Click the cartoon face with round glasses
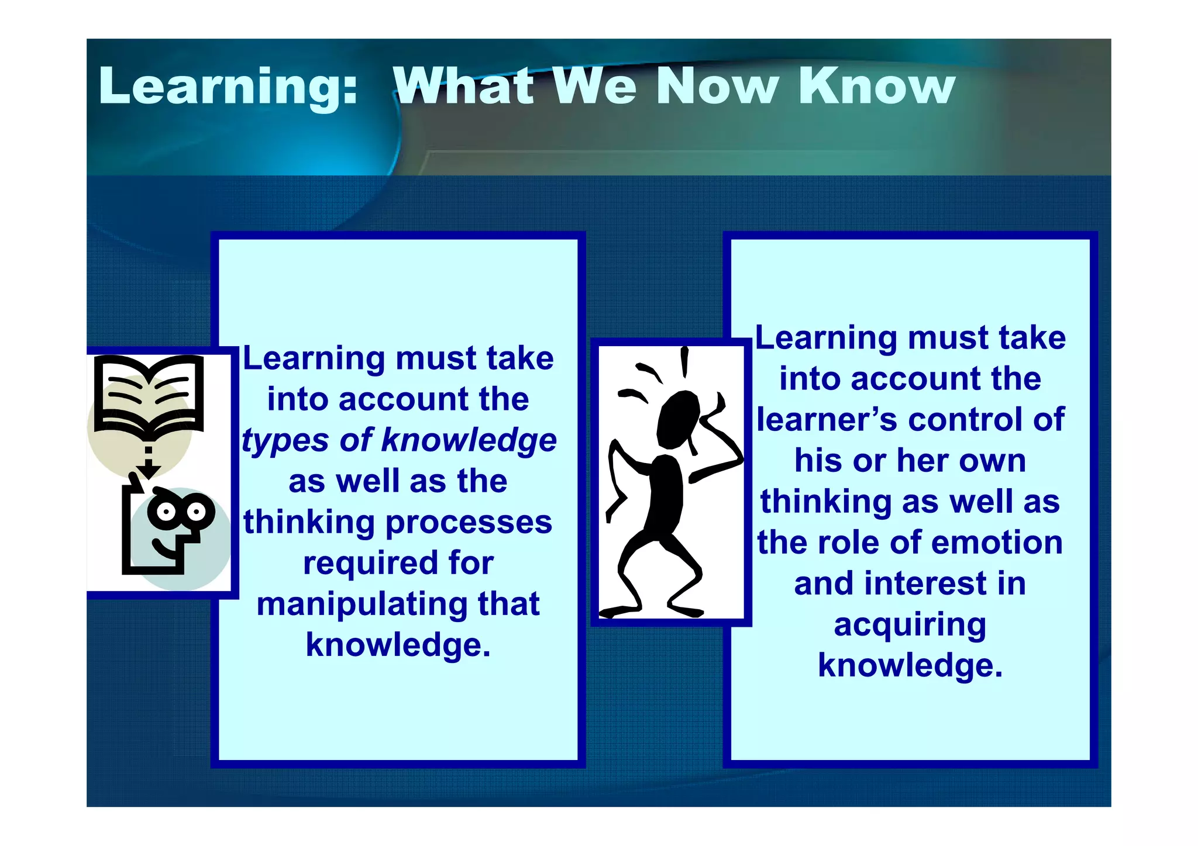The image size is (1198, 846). [175, 526]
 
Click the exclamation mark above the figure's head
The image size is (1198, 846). [684, 361]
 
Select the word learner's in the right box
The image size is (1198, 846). [826, 420]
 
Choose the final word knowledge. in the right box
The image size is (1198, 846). [910, 665]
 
